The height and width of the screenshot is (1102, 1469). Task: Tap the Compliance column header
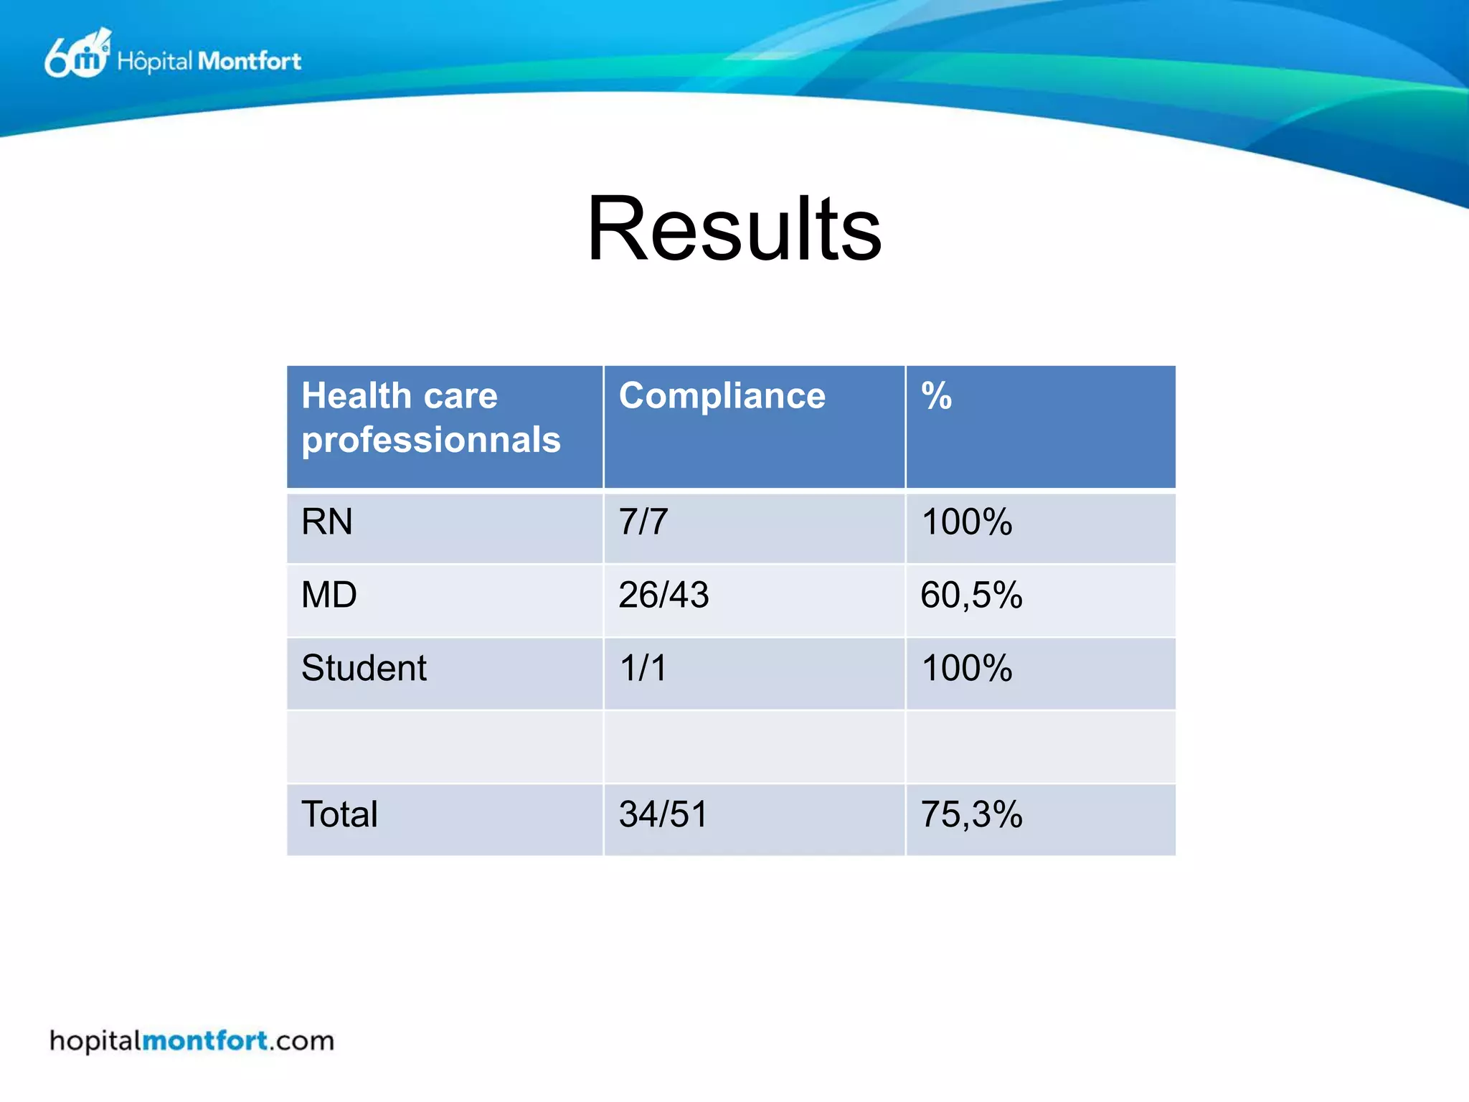pos(722,396)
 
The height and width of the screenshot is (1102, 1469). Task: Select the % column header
pos(936,396)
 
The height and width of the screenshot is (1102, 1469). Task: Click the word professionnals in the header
pos(430,441)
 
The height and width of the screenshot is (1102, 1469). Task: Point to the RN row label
pos(327,522)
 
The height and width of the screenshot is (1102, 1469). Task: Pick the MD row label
pos(329,595)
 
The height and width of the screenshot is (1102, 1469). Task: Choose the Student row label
pos(364,668)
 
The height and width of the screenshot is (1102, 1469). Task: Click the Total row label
pos(339,814)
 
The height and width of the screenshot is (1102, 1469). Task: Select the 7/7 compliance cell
pos(643,522)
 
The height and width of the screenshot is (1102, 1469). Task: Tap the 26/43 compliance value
pos(663,595)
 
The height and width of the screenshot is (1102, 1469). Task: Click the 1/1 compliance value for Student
pos(643,668)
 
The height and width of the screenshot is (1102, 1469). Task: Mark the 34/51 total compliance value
pos(663,814)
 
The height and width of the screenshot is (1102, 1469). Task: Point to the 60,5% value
pos(971,595)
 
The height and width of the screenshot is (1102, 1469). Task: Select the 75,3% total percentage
pos(971,814)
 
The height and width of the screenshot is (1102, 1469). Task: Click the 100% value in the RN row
pos(966,522)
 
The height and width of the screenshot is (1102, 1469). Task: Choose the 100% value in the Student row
pos(966,668)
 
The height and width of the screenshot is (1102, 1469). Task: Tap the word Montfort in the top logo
pos(249,61)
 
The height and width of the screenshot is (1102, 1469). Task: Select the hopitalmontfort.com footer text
pos(192,1040)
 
